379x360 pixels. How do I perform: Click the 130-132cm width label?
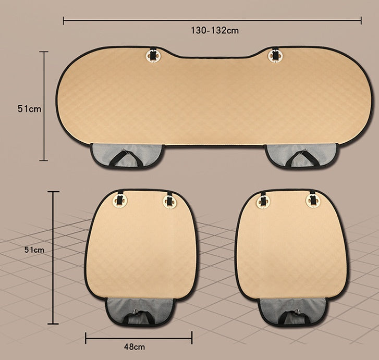click(x=214, y=30)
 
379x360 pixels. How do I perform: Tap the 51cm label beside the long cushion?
click(x=29, y=108)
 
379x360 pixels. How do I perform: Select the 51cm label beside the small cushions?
click(x=34, y=250)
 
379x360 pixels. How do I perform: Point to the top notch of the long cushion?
click(x=214, y=56)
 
